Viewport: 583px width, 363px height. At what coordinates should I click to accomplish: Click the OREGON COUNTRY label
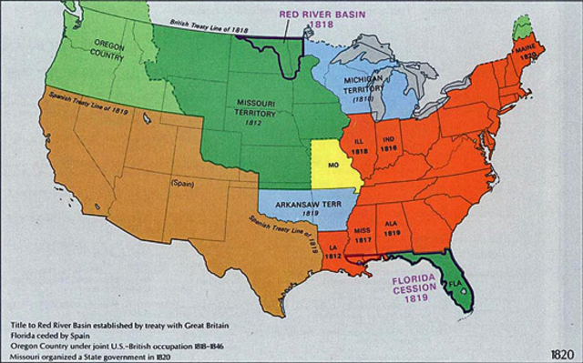[95, 51]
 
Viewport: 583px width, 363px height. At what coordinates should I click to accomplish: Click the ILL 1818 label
[361, 146]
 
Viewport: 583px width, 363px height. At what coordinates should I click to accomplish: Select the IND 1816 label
[391, 143]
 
